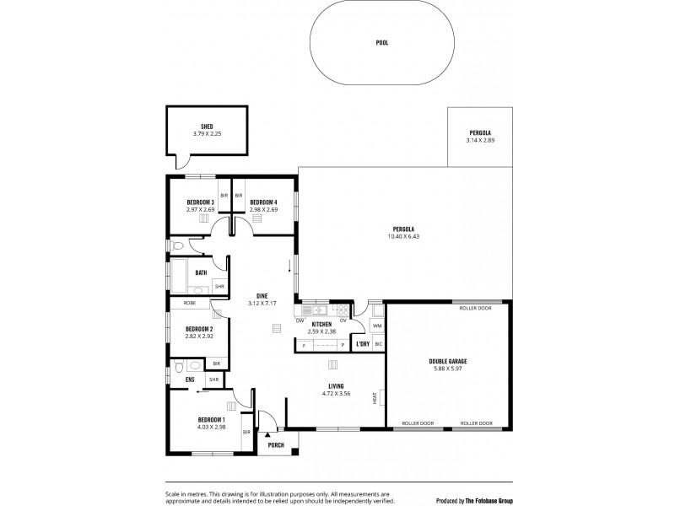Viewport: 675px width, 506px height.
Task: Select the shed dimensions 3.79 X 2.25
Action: tap(207, 133)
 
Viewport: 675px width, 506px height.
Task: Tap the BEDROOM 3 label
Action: tap(201, 202)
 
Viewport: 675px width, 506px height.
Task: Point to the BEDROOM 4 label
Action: tap(263, 202)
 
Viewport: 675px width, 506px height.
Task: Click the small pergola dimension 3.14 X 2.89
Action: tap(479, 140)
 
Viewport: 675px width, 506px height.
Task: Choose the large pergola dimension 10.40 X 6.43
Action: tap(402, 237)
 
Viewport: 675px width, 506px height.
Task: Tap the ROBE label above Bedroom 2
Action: tap(190, 301)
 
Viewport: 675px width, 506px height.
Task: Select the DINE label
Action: tap(262, 297)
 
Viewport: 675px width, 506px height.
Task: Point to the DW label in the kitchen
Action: tap(300, 320)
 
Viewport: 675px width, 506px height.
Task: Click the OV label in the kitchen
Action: tap(343, 320)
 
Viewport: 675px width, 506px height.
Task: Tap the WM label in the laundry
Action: tap(377, 325)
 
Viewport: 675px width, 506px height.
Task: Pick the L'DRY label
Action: tap(363, 344)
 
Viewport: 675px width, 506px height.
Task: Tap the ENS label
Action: tap(190, 379)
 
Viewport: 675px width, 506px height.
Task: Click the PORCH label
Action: tap(276, 444)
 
